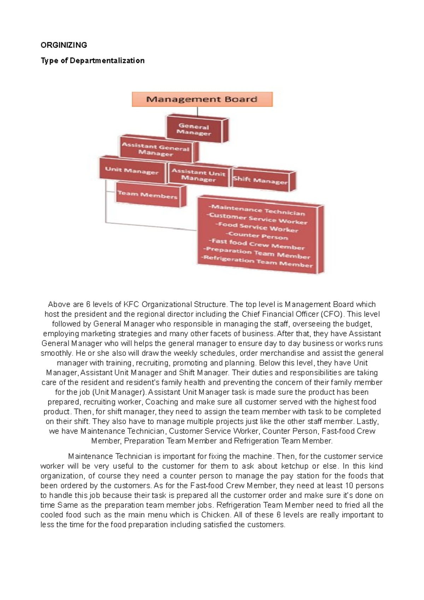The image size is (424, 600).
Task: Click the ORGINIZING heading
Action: pyautogui.click(x=64, y=45)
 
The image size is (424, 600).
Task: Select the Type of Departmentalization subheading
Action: pyautogui.click(x=93, y=60)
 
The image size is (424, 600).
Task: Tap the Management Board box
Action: pyautogui.click(x=202, y=99)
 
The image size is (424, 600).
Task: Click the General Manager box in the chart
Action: pyautogui.click(x=194, y=129)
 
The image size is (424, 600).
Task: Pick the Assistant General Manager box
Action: pyautogui.click(x=156, y=149)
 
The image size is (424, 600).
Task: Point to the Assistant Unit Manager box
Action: pyautogui.click(x=198, y=175)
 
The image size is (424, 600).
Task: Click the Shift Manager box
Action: pyautogui.click(x=260, y=180)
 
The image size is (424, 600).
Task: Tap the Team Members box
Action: pyautogui.click(x=147, y=195)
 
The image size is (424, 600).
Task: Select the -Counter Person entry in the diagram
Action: pyautogui.click(x=257, y=236)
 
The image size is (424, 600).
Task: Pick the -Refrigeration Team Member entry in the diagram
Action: pyautogui.click(x=257, y=262)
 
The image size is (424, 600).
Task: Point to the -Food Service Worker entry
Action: pyautogui.click(x=257, y=227)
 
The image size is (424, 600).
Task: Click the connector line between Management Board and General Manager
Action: pyautogui.click(x=198, y=111)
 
